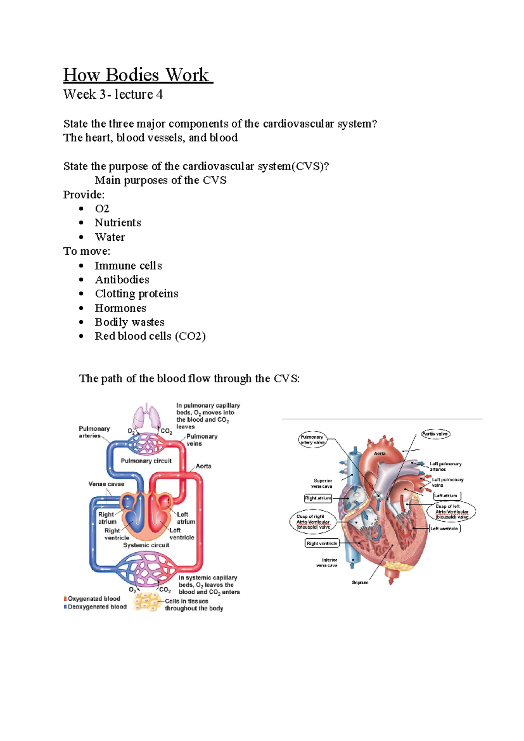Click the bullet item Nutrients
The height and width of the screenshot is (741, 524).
[x=118, y=223]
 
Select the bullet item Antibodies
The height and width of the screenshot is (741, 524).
[x=122, y=280]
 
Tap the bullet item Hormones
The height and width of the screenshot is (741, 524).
[x=121, y=308]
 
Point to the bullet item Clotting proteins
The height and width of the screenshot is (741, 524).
[x=137, y=294]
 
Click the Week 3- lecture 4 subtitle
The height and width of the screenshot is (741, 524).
[x=113, y=94]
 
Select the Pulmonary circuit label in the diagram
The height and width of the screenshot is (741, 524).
[x=146, y=461]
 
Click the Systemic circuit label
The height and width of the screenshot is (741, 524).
[x=146, y=545]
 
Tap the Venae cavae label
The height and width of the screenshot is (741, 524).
[x=106, y=484]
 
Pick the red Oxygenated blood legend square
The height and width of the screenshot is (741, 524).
[x=65, y=599]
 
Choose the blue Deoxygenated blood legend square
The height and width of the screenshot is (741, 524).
[x=65, y=607]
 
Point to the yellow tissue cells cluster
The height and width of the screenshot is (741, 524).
[x=147, y=602]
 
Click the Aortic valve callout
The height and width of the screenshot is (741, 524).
[x=435, y=434]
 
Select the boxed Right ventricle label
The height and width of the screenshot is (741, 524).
[x=322, y=544]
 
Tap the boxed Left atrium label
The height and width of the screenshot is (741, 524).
[x=446, y=495]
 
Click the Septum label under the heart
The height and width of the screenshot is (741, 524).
[x=360, y=582]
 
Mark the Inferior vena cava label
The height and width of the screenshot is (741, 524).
[x=329, y=563]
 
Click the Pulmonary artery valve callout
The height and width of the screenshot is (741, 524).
[x=312, y=440]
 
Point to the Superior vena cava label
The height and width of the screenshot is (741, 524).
[x=322, y=483]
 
